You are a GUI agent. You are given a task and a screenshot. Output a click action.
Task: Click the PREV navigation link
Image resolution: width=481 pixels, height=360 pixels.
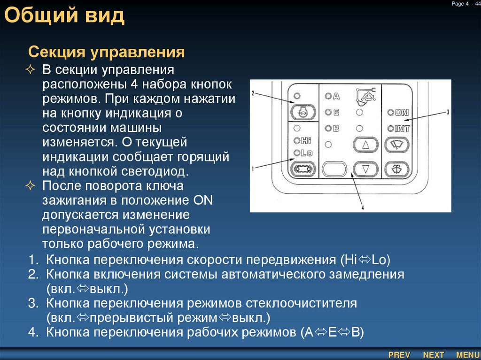coord(399,355)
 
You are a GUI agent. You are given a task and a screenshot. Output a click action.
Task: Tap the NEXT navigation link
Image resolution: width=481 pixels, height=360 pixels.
coord(433,355)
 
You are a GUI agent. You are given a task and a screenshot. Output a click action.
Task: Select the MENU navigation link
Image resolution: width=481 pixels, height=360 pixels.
coord(468,355)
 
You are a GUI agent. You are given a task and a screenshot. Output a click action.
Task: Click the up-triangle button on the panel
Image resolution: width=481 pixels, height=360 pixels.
coord(365,145)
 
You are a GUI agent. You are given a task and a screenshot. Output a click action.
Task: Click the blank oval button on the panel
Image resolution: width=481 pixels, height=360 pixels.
coord(334,169)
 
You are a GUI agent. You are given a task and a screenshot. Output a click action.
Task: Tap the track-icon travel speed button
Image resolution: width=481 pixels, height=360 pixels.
coord(302,168)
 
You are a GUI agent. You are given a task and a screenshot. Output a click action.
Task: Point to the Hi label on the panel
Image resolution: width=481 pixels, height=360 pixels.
coord(306,140)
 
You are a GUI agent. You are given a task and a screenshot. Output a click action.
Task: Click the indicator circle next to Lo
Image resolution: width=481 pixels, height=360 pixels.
coord(296,153)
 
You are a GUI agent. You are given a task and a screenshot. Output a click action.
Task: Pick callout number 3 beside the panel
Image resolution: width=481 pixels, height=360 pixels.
coord(448,112)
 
